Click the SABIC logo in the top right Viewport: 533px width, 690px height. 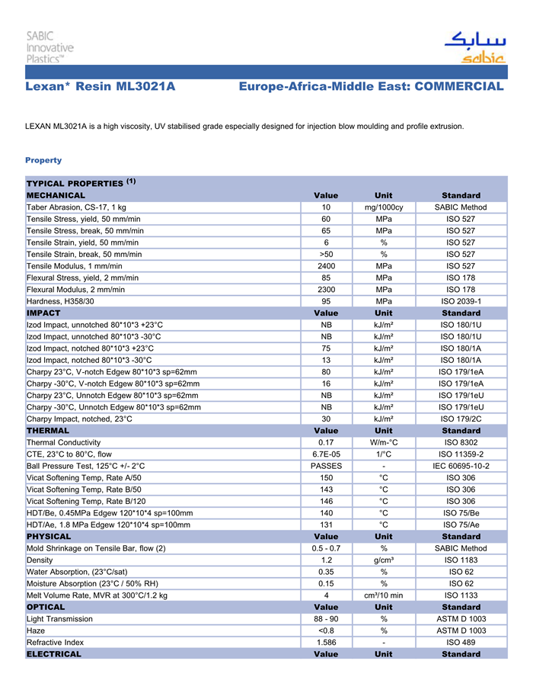point(474,47)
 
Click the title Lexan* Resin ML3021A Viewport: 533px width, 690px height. point(101,87)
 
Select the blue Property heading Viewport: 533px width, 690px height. point(43,160)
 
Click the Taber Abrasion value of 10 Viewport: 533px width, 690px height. point(326,207)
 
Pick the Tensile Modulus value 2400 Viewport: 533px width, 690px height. point(326,266)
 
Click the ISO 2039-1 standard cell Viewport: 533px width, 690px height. point(461,301)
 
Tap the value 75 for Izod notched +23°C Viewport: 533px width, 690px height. point(326,348)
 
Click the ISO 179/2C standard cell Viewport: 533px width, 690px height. point(461,419)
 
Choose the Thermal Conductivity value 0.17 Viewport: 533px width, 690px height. point(326,442)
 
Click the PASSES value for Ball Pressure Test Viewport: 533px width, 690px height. point(326,466)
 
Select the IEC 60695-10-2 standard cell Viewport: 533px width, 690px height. point(461,466)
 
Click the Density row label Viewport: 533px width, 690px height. point(40,560)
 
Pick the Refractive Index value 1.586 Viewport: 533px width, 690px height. point(326,643)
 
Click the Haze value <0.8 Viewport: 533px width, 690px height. point(326,631)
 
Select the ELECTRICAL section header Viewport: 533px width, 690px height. point(53,654)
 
